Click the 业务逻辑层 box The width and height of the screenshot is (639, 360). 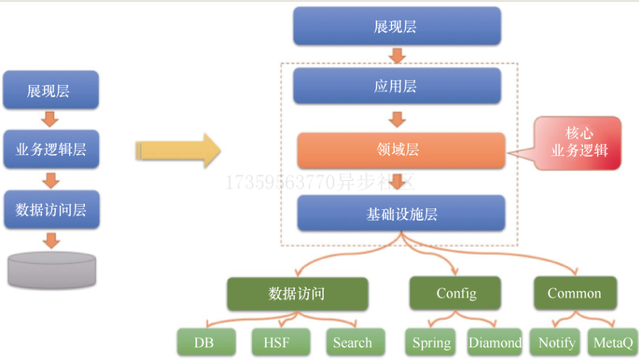(51, 150)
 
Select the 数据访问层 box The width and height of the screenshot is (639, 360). (51, 209)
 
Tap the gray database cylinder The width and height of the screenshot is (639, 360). (52, 269)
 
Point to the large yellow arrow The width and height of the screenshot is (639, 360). (178, 151)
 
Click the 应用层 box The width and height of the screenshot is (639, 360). (397, 86)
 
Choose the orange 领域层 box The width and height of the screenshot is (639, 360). (401, 151)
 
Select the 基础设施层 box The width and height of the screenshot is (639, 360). (401, 213)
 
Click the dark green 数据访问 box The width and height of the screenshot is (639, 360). (297, 294)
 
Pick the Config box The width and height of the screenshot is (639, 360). (455, 294)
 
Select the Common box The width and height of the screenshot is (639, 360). (575, 294)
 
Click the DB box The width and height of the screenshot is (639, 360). (205, 342)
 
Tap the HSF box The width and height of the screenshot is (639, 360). (280, 342)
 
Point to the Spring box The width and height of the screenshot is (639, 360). (432, 342)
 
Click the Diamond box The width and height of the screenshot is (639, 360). (495, 342)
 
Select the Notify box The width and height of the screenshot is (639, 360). (556, 342)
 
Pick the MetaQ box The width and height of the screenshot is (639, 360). (612, 342)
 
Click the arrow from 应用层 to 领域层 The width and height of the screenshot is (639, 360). (397, 119)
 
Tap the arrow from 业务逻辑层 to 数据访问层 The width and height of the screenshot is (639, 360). (51, 180)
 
